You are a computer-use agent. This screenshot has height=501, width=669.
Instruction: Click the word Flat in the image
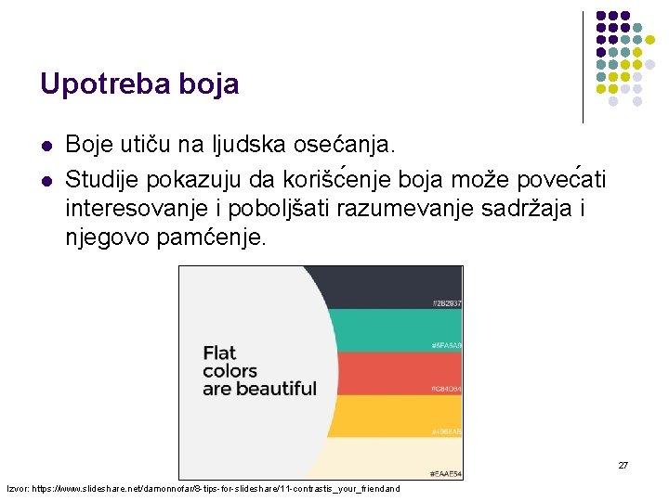pos(219,353)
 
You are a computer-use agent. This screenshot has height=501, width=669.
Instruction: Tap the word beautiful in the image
pos(276,388)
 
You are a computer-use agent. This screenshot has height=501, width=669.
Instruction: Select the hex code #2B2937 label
pos(446,303)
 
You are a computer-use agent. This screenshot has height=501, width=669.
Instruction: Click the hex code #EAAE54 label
pos(446,474)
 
